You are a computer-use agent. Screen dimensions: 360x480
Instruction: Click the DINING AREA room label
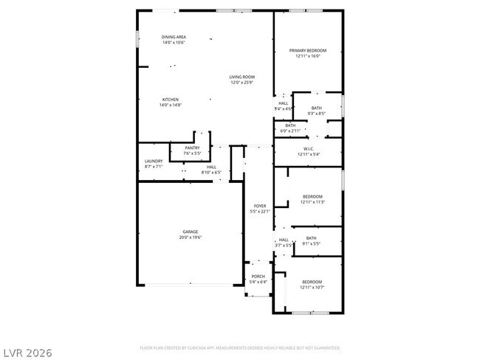[x=174, y=37]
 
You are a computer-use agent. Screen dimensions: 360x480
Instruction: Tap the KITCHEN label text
[x=171, y=100]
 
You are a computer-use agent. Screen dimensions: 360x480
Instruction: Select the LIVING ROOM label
[x=241, y=77]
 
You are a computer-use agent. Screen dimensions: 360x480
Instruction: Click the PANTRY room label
[x=192, y=148]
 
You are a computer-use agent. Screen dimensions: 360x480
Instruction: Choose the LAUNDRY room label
[x=154, y=161]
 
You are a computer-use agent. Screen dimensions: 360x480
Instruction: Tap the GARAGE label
[x=190, y=232]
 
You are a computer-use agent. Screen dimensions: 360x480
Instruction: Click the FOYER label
[x=260, y=206]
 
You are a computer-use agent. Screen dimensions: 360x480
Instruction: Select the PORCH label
[x=258, y=276]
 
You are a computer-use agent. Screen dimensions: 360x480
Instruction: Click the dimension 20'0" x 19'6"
[x=190, y=238]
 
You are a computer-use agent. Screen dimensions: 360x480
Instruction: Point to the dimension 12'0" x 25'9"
[x=241, y=83]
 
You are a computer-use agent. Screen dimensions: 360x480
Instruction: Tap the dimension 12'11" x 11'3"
[x=312, y=201]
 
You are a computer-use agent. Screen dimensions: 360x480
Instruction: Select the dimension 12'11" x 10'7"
[x=312, y=288]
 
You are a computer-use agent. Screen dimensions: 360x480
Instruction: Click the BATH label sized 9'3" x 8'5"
[x=316, y=108]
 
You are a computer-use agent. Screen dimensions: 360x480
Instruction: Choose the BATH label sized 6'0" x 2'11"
[x=290, y=125]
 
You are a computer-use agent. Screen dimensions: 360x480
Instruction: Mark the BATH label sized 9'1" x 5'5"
[x=311, y=238]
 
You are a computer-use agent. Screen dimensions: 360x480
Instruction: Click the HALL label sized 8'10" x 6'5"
[x=211, y=167]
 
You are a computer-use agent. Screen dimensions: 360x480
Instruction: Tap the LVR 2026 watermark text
[x=27, y=353]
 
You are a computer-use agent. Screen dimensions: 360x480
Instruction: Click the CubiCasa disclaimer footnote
[x=240, y=347]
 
